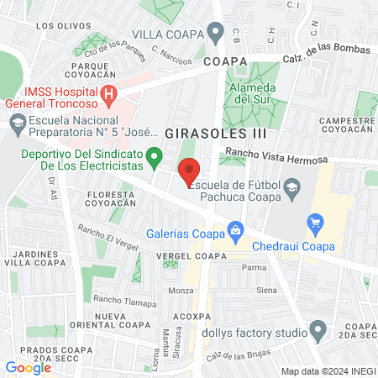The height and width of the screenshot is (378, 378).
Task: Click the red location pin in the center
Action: [x=189, y=167]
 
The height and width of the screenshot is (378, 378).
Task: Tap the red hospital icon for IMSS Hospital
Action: [x=109, y=96]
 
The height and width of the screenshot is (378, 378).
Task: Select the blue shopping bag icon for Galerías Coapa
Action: [x=236, y=228]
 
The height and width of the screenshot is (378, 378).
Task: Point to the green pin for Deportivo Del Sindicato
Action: [x=154, y=155]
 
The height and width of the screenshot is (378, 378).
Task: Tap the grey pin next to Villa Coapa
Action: [x=216, y=34]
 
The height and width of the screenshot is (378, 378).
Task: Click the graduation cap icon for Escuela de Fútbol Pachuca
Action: [x=291, y=186]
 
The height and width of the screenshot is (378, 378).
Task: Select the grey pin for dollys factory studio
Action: [x=318, y=328]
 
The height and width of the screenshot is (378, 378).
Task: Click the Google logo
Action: [x=28, y=367]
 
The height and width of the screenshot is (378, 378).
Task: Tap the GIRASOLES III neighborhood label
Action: [x=216, y=133]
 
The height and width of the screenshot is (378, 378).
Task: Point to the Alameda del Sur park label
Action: [x=255, y=93]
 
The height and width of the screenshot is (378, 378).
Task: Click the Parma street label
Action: [x=254, y=268]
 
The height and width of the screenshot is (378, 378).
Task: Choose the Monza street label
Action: [x=181, y=291]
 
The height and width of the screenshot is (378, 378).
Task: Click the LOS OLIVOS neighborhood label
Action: [x=57, y=26]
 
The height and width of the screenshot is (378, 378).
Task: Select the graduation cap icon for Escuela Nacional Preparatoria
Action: [x=17, y=123]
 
